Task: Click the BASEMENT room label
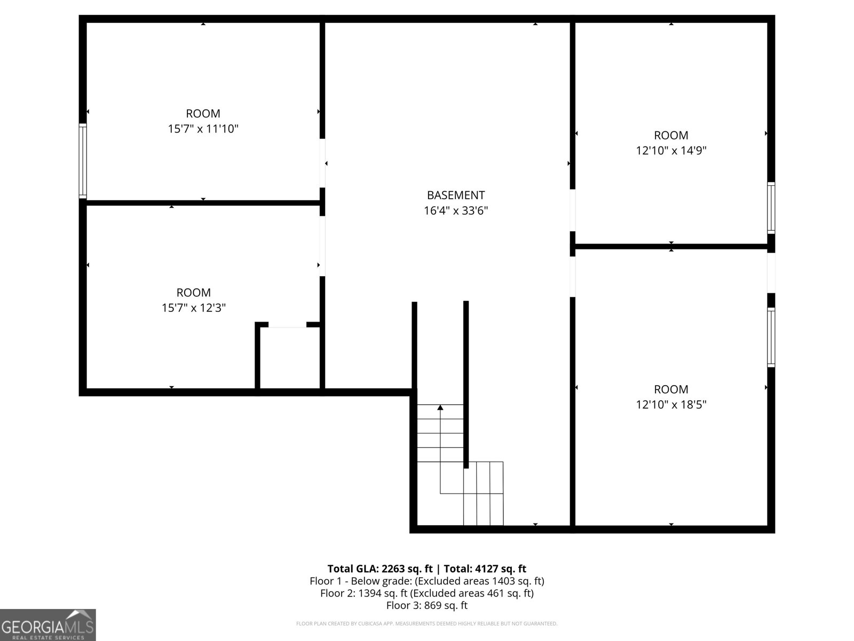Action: (455, 196)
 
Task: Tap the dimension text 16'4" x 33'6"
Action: (455, 211)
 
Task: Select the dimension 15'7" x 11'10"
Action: (203, 129)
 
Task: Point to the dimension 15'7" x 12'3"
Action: (194, 308)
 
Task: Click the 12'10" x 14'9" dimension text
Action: (671, 151)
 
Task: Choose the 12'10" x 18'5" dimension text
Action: (671, 404)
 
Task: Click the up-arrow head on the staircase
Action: (440, 408)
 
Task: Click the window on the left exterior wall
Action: (83, 161)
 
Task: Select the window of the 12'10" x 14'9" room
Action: (771, 208)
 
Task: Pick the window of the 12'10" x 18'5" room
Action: (771, 337)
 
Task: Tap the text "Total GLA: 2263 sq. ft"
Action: (380, 568)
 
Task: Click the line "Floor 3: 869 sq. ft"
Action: (426, 605)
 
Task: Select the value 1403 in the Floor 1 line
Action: (504, 581)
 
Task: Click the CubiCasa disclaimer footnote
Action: (426, 623)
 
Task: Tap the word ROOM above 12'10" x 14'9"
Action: (671, 135)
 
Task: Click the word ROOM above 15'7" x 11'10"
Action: (203, 113)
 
